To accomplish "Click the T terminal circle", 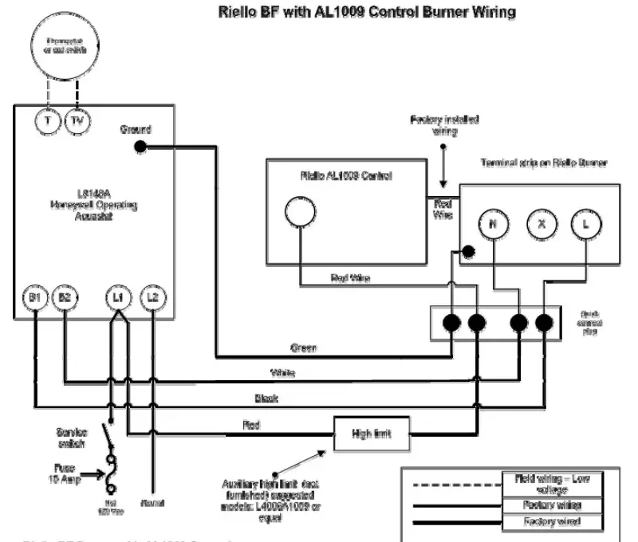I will coord(49,121).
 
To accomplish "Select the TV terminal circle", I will coord(77,121).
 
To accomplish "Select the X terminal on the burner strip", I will coord(542,225).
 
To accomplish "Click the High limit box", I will coord(372,434).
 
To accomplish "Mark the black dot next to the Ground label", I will coord(140,146).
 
